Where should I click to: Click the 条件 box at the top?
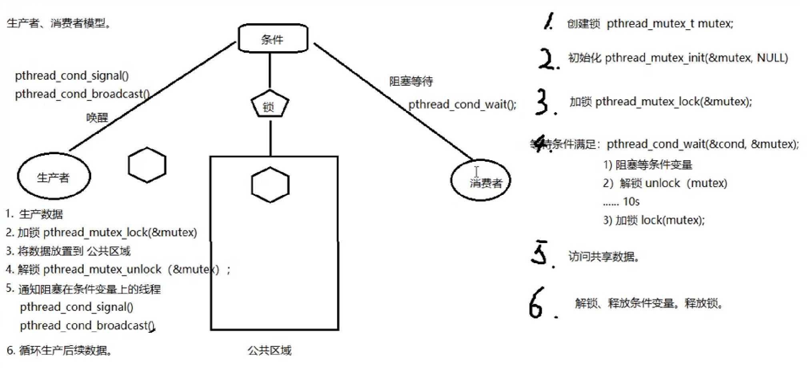tap(273, 38)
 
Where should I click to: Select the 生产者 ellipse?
tap(54, 176)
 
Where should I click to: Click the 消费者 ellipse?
tap(481, 181)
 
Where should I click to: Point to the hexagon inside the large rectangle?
tap(270, 185)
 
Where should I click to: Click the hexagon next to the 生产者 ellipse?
tap(147, 165)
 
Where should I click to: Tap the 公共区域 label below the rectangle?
tap(269, 350)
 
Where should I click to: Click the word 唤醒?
tap(97, 117)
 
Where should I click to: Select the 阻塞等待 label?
tap(411, 81)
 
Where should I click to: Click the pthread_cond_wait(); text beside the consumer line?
tap(462, 105)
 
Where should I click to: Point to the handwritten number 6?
tap(536, 303)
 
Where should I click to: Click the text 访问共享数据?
tap(603, 256)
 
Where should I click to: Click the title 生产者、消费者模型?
tap(58, 23)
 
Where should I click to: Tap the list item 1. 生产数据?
tap(34, 214)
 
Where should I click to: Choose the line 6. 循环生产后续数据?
tap(59, 350)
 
